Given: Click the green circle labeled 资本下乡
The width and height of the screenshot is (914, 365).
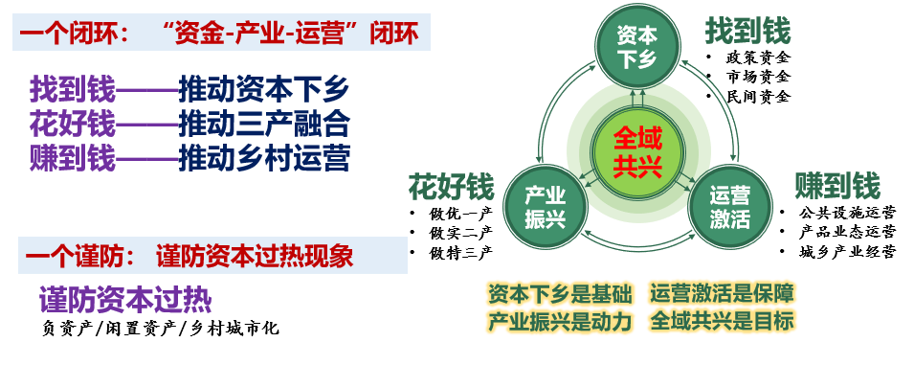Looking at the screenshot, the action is tap(637, 48).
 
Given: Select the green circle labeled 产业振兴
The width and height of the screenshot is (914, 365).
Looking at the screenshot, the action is tap(545, 208).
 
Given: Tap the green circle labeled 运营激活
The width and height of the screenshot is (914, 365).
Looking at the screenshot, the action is tap(730, 208).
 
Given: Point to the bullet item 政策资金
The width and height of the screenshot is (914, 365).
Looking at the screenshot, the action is tap(758, 57).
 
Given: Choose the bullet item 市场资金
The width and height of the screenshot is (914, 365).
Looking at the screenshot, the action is tap(758, 77).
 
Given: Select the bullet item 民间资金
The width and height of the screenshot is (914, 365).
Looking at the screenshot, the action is tap(758, 97).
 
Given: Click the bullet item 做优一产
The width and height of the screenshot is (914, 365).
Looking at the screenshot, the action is tap(461, 214).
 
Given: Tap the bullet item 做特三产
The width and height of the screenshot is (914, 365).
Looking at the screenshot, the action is tap(461, 253).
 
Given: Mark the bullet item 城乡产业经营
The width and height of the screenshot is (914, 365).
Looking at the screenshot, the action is tap(847, 252).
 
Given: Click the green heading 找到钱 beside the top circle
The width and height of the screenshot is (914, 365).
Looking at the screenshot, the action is tap(747, 31).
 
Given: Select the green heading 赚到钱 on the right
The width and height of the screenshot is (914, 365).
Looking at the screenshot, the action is tap(837, 186).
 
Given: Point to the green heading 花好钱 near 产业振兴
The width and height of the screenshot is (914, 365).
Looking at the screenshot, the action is tap(451, 187).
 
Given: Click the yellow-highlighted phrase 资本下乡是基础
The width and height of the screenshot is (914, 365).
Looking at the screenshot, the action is tap(560, 294).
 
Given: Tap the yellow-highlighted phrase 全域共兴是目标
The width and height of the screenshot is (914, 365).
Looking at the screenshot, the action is tap(723, 321).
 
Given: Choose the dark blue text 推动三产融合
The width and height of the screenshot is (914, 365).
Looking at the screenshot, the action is tap(264, 124).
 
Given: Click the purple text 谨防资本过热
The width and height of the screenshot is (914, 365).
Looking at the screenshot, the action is tap(125, 301).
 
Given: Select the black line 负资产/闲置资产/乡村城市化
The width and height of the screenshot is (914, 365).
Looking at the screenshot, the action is tap(160, 329).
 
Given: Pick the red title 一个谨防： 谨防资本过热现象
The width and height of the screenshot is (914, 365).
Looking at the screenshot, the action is tap(189, 257).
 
